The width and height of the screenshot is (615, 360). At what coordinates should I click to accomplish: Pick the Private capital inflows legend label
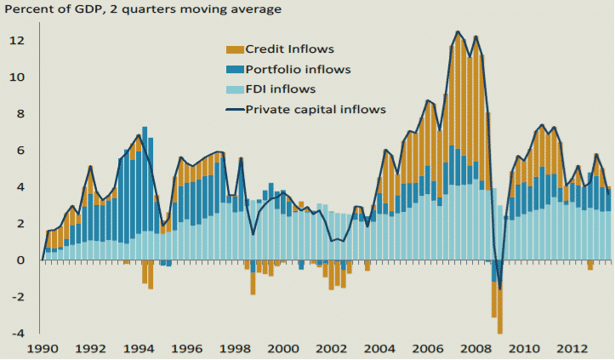316,109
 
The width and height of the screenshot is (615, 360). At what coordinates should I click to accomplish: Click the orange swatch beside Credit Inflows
233,49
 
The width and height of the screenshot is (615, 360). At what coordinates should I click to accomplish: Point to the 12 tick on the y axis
17,41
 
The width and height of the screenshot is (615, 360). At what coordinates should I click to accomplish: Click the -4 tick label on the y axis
17,333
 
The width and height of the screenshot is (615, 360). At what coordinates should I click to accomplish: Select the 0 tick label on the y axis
21,260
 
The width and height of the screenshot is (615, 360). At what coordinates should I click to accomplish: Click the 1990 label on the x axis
42,348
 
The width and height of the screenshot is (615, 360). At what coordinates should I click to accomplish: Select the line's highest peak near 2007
458,32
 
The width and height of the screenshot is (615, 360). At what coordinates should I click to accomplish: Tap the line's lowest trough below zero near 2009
500,289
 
